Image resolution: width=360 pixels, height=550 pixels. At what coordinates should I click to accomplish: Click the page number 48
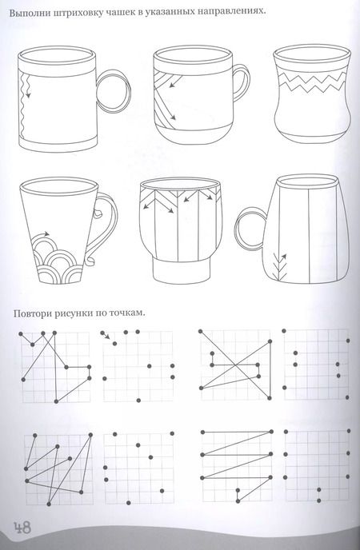22,528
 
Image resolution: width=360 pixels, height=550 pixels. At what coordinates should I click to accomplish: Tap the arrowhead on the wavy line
28,95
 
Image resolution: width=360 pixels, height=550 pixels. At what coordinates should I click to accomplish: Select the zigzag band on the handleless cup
313,82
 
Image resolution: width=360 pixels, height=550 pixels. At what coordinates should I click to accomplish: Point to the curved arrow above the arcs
42,234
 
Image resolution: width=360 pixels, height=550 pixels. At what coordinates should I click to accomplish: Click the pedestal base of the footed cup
182,269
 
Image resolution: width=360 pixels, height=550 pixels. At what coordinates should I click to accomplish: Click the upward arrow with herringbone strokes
280,266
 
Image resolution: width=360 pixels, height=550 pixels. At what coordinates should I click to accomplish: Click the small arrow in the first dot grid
106,335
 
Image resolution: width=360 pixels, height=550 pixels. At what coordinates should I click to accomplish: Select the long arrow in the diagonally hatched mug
165,102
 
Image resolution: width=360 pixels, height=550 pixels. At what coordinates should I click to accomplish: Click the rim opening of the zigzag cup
312,54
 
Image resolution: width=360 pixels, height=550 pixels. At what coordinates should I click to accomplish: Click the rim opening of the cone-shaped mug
58,186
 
